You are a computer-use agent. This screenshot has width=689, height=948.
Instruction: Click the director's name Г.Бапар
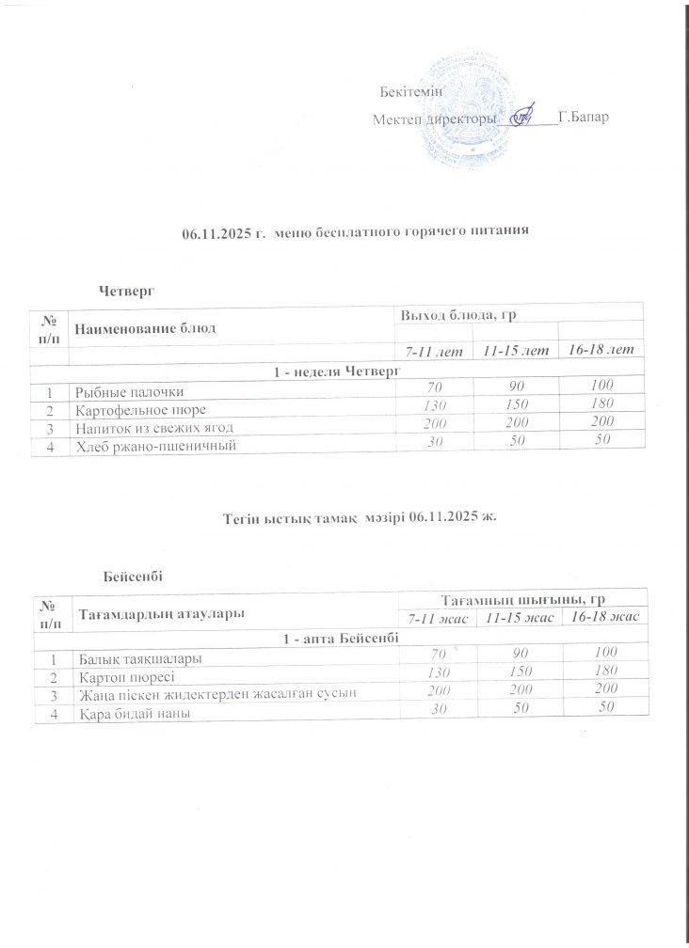583,119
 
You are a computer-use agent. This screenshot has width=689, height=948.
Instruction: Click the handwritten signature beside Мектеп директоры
521,118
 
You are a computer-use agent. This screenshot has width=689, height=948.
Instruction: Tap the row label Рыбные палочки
123,390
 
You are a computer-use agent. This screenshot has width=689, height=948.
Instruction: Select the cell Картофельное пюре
133,409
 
